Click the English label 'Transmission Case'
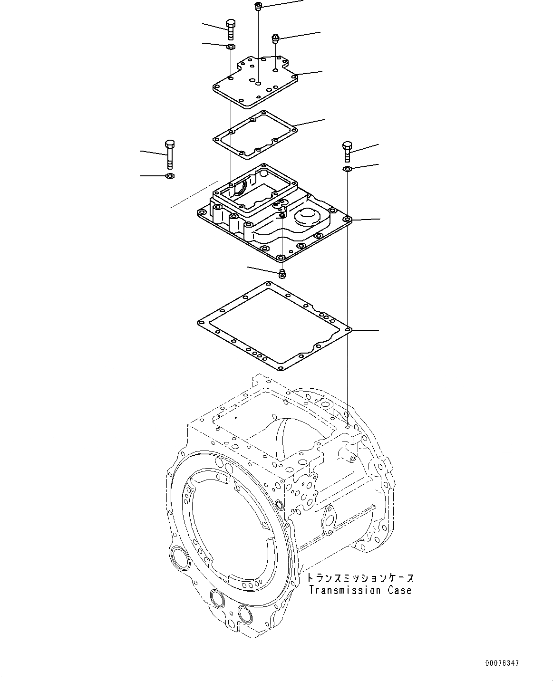[360, 591]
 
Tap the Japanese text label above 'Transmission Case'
[360, 578]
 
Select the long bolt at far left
[170, 154]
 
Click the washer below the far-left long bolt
[170, 176]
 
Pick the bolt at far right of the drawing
[347, 151]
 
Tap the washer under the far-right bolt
[347, 169]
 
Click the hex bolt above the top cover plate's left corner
[230, 29]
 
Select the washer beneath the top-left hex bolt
[231, 47]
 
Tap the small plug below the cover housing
[282, 273]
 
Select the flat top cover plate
[254, 79]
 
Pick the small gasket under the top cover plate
[254, 134]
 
